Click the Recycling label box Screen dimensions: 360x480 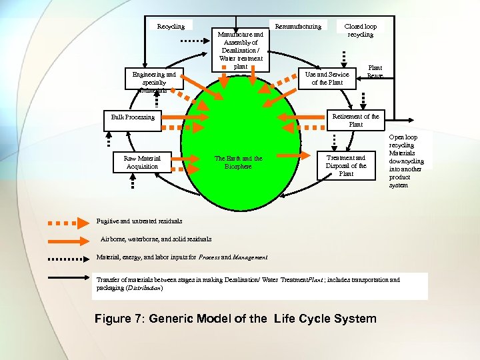point(171,26)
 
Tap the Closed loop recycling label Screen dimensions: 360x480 point(361,30)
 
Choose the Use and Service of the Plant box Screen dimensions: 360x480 point(327,78)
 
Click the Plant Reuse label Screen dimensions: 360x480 point(375,71)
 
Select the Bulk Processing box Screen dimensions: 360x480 point(133,117)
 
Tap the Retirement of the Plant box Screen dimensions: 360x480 point(355,120)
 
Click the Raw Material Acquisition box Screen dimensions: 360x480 point(142,162)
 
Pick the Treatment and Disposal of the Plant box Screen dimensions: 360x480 point(346,165)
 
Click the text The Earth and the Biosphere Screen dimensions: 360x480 point(238,162)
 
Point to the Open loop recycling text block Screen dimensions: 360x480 point(406,161)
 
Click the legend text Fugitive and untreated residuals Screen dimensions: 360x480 point(129,221)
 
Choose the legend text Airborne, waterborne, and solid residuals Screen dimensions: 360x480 point(156,239)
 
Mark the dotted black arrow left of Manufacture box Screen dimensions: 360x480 point(196,41)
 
